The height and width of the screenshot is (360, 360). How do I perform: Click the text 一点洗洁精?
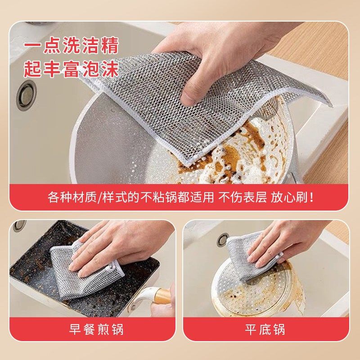tap(71, 47)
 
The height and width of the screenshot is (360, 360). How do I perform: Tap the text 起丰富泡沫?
tap(71, 70)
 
